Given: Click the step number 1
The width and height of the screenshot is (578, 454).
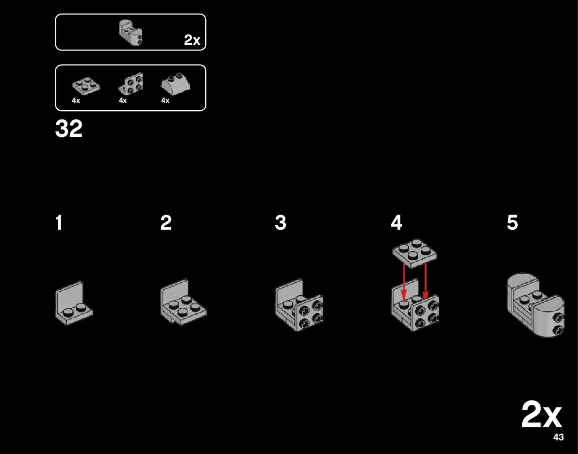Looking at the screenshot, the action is coord(59,223).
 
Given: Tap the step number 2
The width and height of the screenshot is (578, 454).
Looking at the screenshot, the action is coord(166,223).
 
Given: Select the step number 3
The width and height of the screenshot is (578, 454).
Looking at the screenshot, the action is coord(281,223).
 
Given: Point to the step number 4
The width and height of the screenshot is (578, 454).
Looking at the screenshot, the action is coord(396,223).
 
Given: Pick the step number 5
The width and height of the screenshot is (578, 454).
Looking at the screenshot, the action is coord(512,223).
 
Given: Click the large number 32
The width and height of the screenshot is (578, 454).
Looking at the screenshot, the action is coord(69,129).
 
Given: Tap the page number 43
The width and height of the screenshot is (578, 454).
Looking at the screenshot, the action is coord(558,437).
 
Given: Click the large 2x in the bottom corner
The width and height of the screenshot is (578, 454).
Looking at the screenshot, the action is coord(542,415).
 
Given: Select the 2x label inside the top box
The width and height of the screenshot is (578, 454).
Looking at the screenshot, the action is coord(192,41).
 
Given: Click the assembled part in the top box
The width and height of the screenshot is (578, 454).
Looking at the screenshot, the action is coord(131,33).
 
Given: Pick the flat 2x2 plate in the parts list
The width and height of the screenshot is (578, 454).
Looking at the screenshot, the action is coord(86,86).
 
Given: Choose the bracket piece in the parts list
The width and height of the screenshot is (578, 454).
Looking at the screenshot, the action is coord(131,84).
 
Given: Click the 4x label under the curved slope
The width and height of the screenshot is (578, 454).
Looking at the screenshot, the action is coord(165,101).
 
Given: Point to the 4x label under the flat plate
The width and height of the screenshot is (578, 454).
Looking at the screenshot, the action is coord(76,101).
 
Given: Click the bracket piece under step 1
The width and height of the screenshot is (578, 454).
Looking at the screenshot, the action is coord(74,302).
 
